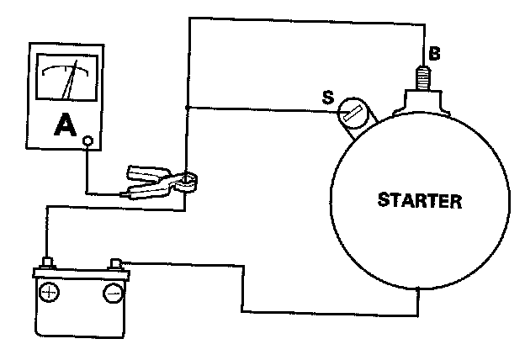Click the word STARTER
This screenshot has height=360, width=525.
pyautogui.click(x=419, y=201)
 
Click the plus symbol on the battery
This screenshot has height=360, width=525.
pyautogui.click(x=50, y=293)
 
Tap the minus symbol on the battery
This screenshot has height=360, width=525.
pyautogui.click(x=112, y=293)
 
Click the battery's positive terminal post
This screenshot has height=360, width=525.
pyautogui.click(x=49, y=262)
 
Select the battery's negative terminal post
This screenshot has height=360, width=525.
pyautogui.click(x=116, y=262)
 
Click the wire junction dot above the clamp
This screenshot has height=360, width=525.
pyautogui.click(x=186, y=108)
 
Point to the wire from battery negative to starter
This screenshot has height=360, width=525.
pyautogui.click(x=244, y=290)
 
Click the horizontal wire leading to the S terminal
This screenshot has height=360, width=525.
pyautogui.click(x=261, y=108)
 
